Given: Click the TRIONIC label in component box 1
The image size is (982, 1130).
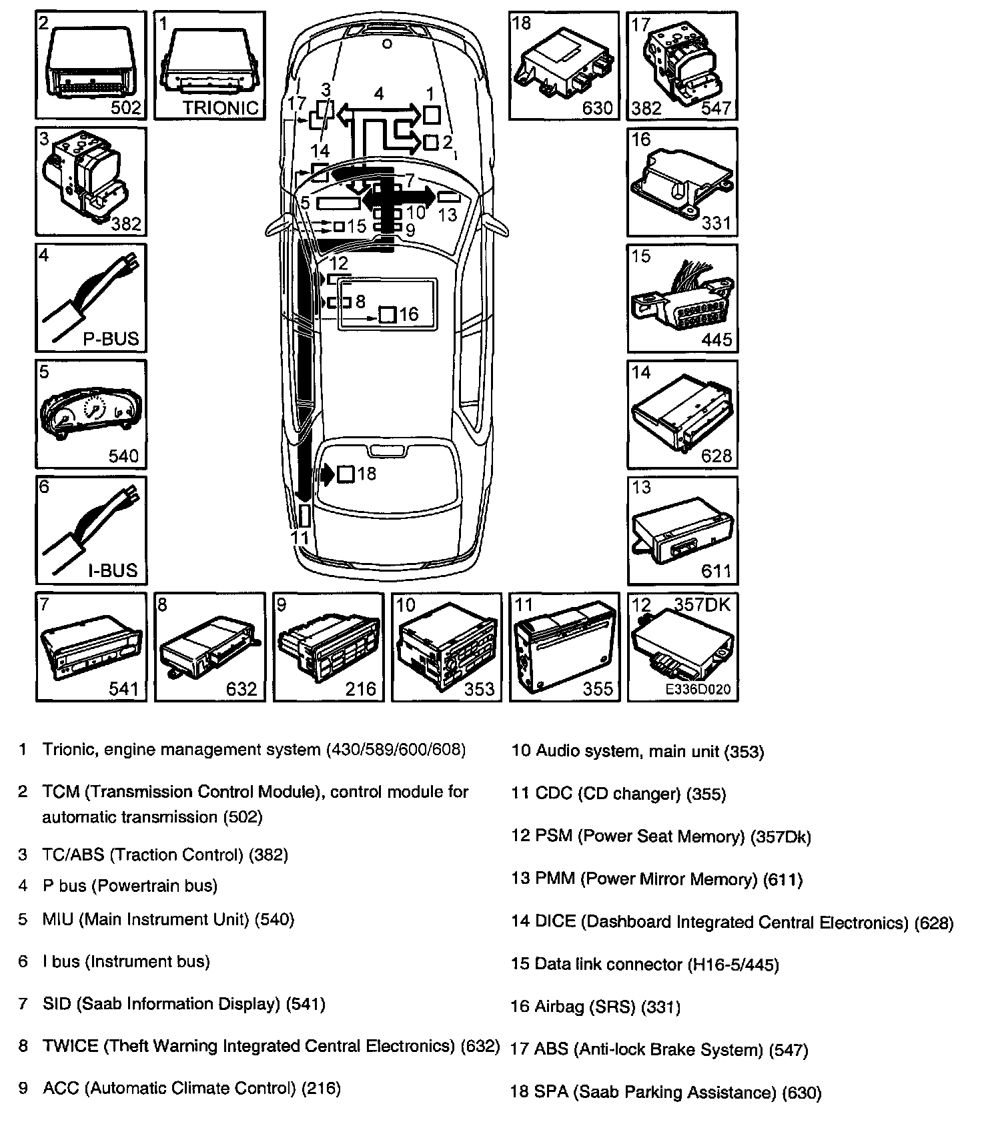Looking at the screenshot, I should (x=220, y=107).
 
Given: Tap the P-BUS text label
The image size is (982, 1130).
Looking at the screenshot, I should (x=111, y=338).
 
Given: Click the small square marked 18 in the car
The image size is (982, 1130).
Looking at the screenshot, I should (x=346, y=474).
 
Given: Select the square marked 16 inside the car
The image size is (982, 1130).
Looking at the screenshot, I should (x=388, y=315).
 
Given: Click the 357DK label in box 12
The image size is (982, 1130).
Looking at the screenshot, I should (x=702, y=604).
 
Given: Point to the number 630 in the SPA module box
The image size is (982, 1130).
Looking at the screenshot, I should (x=597, y=107).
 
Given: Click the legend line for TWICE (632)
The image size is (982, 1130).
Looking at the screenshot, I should (x=270, y=1046).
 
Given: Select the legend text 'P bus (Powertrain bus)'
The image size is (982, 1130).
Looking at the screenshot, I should (x=129, y=886).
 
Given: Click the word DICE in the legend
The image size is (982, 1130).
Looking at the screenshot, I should (x=555, y=923).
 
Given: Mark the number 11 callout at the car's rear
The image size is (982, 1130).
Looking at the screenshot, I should (x=300, y=538).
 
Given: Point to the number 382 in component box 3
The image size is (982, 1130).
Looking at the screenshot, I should (x=126, y=223).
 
